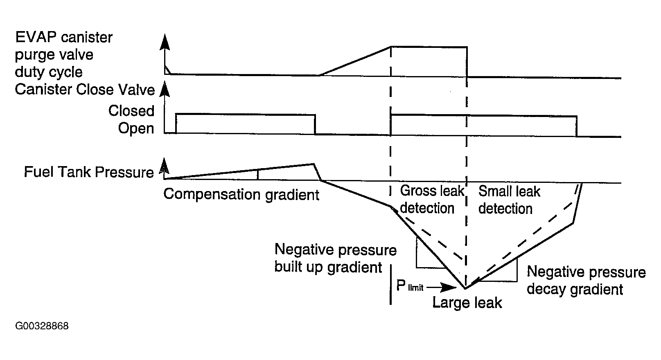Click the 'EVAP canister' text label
[63, 38]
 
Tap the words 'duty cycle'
[49, 72]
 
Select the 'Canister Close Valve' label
[85, 90]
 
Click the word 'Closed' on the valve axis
[131, 111]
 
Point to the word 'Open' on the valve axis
[136, 128]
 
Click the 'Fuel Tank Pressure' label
[89, 172]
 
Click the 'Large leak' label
[467, 303]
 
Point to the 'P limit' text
[409, 286]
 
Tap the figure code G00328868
[42, 326]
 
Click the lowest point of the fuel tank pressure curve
[465, 288]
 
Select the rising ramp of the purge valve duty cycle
[355, 61]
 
